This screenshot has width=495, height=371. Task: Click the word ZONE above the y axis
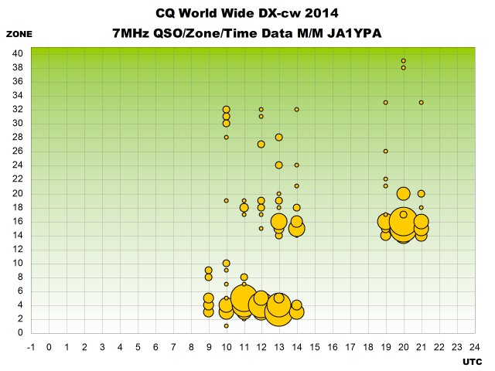[x=19, y=34]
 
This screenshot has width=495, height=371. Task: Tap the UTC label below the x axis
[x=473, y=362]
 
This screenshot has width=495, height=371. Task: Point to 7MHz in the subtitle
[x=131, y=33]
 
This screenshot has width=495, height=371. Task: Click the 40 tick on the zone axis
[x=18, y=53]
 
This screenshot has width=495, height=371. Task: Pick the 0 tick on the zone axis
[x=21, y=332]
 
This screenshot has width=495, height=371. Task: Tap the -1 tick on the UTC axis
[x=31, y=347]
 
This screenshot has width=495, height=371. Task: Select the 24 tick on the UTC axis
[x=474, y=347]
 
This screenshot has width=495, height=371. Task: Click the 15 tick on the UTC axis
[x=315, y=347]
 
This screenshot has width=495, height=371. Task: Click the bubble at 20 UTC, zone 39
[x=404, y=61]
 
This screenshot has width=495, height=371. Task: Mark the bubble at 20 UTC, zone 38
[x=404, y=68]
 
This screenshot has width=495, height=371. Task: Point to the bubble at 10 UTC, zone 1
[x=226, y=326]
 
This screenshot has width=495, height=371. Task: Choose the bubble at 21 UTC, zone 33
[x=421, y=103]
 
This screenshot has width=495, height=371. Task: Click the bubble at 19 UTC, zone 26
[x=386, y=151]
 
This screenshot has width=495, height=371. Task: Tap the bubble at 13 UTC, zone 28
[x=278, y=138]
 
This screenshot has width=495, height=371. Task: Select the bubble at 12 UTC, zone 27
[x=261, y=145]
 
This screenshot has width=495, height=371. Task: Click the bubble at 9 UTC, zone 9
[x=208, y=271]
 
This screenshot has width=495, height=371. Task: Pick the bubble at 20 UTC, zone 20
[x=404, y=194]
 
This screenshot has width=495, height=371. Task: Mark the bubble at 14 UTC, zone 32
[x=297, y=110]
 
